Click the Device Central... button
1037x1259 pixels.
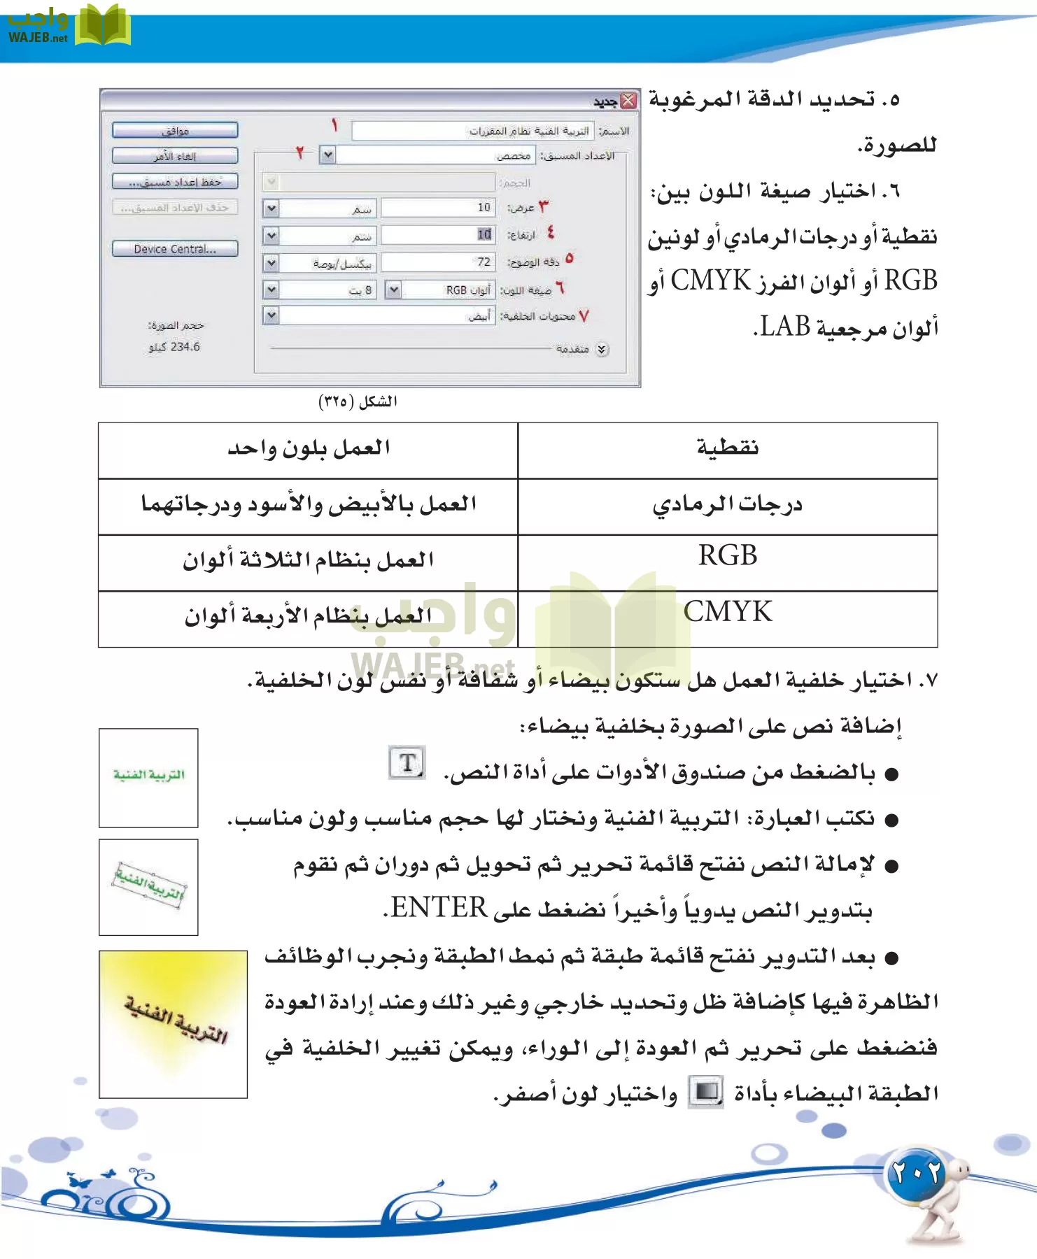point(175,249)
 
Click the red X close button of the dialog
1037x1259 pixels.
point(628,101)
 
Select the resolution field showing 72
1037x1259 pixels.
point(438,262)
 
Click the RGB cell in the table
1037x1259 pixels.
point(728,556)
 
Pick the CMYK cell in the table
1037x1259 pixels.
point(728,612)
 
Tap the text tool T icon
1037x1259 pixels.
point(407,762)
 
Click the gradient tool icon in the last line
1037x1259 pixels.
point(706,1091)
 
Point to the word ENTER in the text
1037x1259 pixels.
point(439,908)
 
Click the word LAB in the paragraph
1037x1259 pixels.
point(785,327)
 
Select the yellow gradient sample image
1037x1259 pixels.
point(173,1024)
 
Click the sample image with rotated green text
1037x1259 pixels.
point(148,887)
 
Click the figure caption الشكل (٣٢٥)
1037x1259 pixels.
point(358,401)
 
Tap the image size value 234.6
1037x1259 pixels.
point(175,347)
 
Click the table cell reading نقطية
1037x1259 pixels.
point(728,448)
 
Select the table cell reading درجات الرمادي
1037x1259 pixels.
point(728,504)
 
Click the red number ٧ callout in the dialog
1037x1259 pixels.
point(584,316)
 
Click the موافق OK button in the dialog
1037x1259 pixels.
point(175,131)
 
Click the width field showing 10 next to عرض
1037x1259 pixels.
point(438,208)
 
